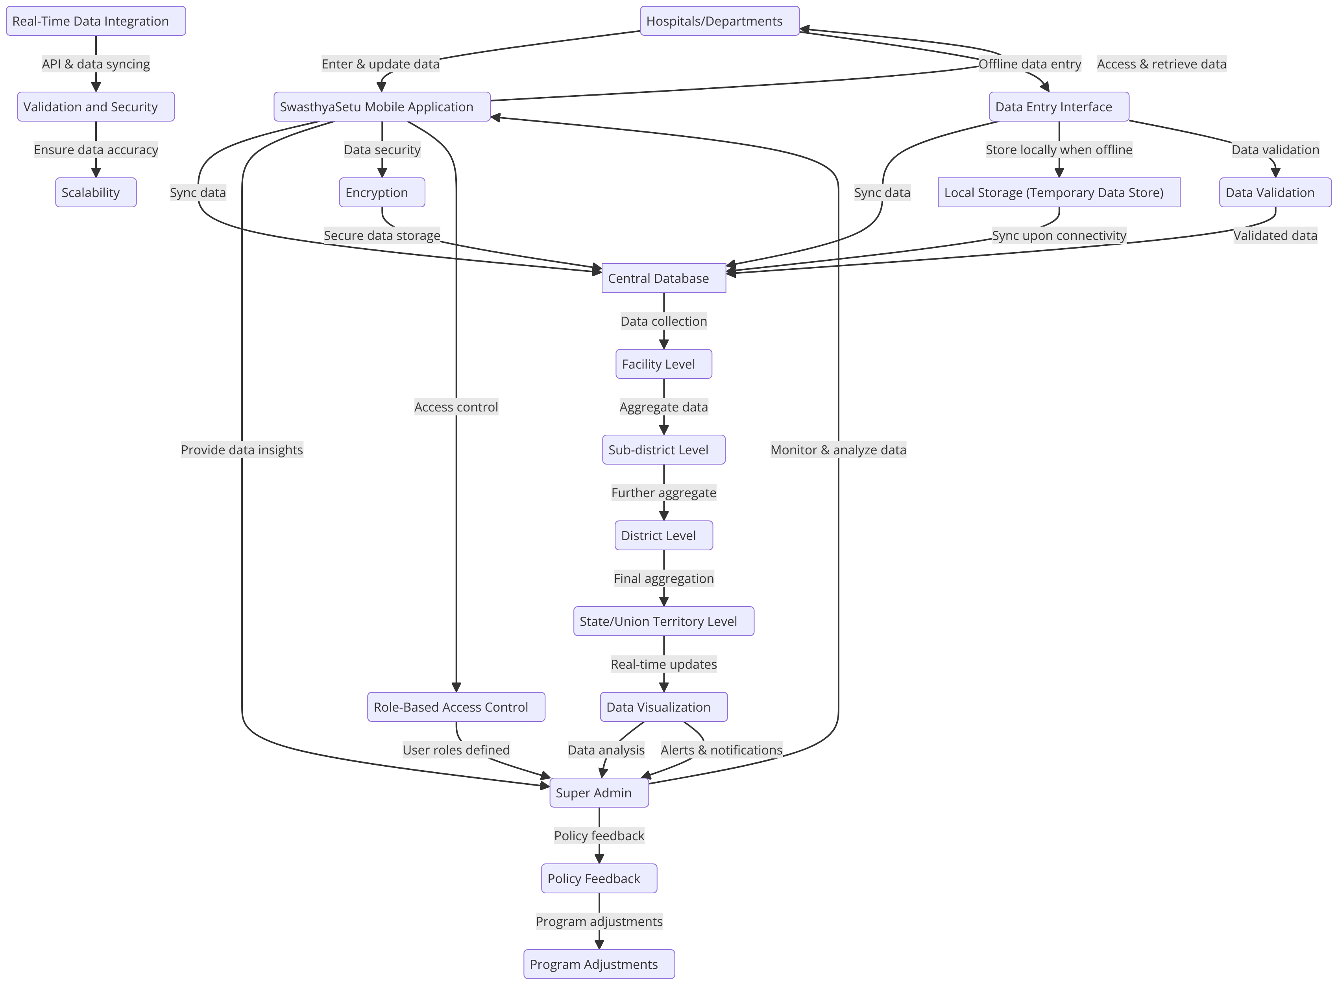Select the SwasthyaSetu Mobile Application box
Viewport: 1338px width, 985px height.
click(x=382, y=107)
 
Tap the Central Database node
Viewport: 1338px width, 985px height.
click(x=663, y=279)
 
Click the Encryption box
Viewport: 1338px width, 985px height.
click(x=382, y=193)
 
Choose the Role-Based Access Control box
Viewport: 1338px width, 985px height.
click(x=456, y=707)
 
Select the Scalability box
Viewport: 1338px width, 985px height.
click(x=96, y=193)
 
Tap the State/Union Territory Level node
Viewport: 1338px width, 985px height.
click(x=663, y=621)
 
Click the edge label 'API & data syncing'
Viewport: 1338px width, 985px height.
click(x=96, y=64)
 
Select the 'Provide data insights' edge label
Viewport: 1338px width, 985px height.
click(x=242, y=450)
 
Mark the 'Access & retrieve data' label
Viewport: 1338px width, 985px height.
click(x=1161, y=64)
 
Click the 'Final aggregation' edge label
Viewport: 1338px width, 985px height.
click(x=663, y=578)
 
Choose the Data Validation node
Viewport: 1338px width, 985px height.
click(x=1275, y=193)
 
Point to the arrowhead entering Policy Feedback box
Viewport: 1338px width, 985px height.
click(x=599, y=859)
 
